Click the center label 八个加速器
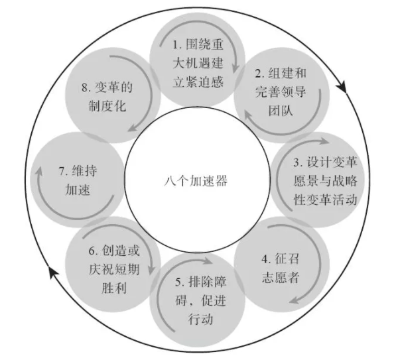coord(196,181)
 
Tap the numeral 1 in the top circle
coord(176,44)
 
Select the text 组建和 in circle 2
coord(287,73)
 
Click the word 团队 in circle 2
coord(281,110)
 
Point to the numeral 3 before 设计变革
coord(297,162)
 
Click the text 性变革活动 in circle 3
coord(325,200)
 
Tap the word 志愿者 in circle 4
coord(281,277)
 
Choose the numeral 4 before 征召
coord(265,259)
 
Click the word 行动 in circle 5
coord(200,319)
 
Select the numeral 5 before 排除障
coord(178,282)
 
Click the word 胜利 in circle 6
coord(114,288)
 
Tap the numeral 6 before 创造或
coord(92,251)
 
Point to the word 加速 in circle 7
coord(78,190)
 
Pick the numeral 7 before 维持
coord(62,171)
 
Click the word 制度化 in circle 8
coord(107,105)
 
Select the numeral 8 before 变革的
coord(85,88)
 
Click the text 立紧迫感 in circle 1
coord(198,82)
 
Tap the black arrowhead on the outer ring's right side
coord(342,87)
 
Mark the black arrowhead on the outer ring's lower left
coord(53,272)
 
